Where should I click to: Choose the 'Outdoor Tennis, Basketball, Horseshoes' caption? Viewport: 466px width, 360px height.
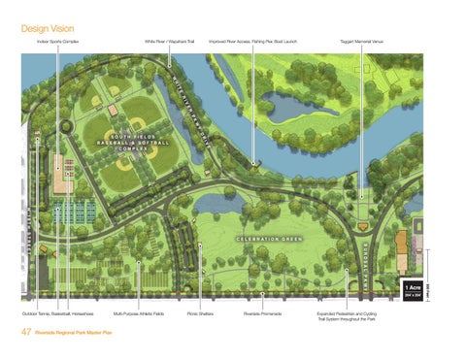tap(59, 314)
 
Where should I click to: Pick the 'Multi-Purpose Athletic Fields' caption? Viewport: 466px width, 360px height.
tap(139, 314)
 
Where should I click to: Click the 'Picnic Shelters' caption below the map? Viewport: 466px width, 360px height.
tap(200, 314)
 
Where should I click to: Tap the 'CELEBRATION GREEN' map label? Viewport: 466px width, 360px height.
tap(269, 239)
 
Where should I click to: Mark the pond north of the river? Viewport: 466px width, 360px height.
tap(288, 106)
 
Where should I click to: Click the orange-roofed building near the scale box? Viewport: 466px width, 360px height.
tap(402, 250)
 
